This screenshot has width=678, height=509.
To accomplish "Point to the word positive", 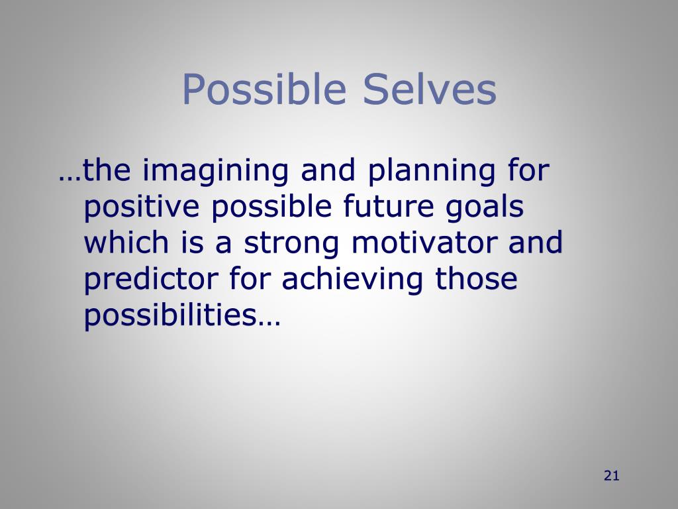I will click(142, 209).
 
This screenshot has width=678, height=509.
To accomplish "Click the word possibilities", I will click(171, 316).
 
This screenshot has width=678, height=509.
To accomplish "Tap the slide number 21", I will click(611, 475).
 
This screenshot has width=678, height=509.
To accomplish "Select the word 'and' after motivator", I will click(535, 243).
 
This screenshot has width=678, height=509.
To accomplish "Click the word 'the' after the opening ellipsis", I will click(109, 172).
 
